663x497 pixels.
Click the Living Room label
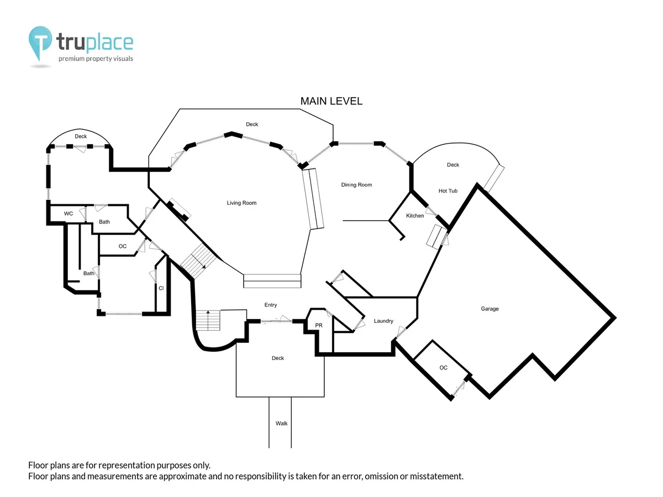[241, 203]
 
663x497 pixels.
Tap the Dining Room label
[356, 184]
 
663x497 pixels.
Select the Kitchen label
[415, 215]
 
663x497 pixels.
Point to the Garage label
[490, 309]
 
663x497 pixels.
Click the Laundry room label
[383, 321]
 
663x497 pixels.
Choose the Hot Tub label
[448, 191]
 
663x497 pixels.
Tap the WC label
[69, 214]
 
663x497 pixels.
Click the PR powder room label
[319, 325]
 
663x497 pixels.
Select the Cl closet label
[161, 288]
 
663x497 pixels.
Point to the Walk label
[281, 424]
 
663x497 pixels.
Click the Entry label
[271, 305]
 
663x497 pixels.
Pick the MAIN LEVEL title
[331, 101]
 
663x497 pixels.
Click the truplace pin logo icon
[40, 43]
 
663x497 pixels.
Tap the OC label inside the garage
[444, 368]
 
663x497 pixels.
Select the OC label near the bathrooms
[122, 246]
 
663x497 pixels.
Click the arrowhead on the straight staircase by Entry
[208, 313]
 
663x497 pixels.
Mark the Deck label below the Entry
[277, 358]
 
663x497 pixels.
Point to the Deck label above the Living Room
[252, 124]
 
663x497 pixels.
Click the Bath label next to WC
[104, 222]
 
